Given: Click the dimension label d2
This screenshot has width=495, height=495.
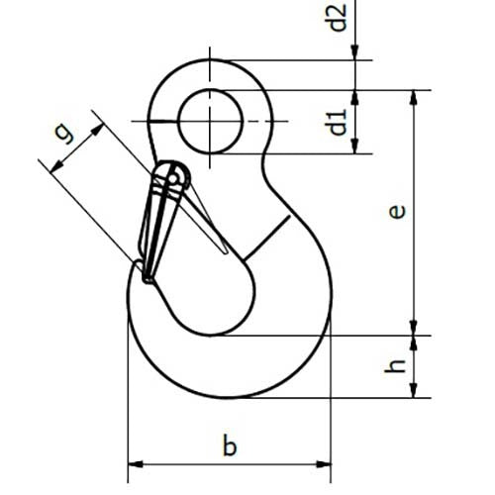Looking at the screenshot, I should tap(339, 19).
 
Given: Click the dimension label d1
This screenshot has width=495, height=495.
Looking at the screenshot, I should tap(339, 123).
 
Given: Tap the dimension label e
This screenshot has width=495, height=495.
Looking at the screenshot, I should tap(396, 211).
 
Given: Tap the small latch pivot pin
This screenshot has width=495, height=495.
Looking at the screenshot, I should tap(176, 178).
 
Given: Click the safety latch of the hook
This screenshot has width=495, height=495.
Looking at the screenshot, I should tap(160, 223).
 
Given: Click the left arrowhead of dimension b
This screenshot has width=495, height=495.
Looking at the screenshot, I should tap(135, 461).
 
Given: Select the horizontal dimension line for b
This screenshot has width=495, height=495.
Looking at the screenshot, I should tap(230, 461).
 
